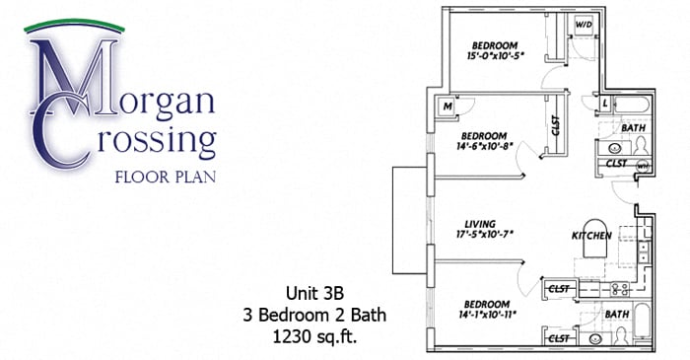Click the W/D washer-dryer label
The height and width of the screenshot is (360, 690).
click(x=584, y=25)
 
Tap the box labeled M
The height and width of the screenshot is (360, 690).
click(x=448, y=107)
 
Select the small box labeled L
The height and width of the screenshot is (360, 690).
click(x=604, y=103)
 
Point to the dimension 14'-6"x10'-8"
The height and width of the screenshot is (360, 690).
click(x=483, y=147)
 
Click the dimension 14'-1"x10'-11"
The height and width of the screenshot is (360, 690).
click(x=483, y=315)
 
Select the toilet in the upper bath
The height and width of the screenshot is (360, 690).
click(x=641, y=144)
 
